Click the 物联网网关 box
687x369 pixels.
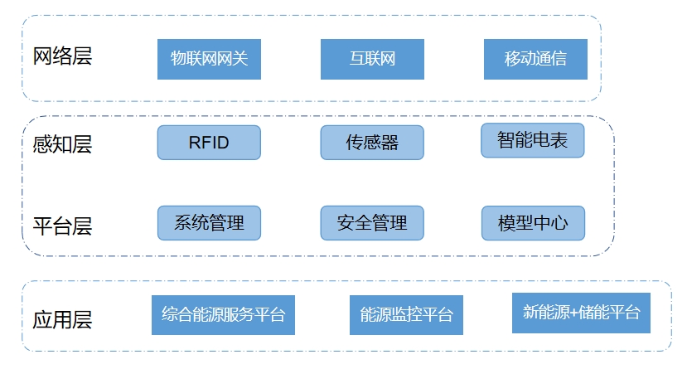pos(209,59)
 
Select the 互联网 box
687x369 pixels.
pos(372,59)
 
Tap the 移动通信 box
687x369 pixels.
pos(535,59)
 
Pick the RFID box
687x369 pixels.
pos(209,143)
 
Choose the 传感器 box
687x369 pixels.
pos(372,143)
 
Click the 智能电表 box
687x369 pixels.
pos(533,140)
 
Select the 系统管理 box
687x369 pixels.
pos(209,223)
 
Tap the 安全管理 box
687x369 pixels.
pos(372,223)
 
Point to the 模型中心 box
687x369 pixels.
pos(533,223)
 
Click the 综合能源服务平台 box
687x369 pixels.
pos(223,314)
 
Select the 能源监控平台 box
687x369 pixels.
pos(406,315)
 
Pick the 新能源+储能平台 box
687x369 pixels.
pos(582,313)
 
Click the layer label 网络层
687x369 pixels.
pos(62,56)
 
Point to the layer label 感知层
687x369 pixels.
pos(62,144)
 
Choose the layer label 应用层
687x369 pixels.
pos(62,319)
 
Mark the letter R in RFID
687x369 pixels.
pos(194,143)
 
